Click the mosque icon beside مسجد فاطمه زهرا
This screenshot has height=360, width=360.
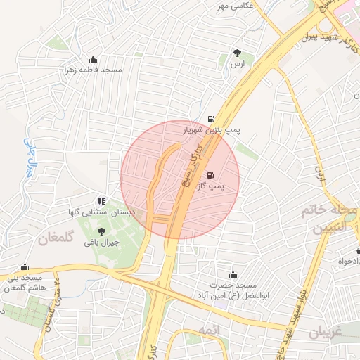point(94,59)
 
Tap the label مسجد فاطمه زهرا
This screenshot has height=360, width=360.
point(94,71)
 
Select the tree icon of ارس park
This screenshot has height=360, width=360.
point(238,53)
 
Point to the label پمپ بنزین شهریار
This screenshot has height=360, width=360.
point(212,131)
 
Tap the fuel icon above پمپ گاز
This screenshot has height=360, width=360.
point(210,174)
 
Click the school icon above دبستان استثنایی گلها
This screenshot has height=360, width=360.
point(102,201)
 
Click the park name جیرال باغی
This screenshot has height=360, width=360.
point(102,243)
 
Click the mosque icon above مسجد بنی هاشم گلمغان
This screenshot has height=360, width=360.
point(25,267)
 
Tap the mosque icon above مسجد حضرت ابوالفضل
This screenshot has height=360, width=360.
point(233,274)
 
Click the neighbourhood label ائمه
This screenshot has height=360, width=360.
point(209,330)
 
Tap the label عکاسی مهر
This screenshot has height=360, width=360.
point(233,6)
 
